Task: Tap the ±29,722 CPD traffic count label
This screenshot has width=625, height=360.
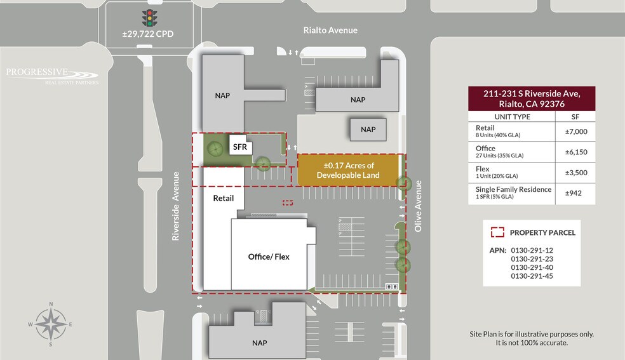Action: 148,33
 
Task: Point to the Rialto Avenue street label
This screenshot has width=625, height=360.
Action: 330,30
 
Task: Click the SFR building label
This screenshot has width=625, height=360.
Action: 239,147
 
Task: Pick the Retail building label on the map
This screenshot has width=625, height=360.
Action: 224,198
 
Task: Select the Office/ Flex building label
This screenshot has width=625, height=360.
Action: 269,257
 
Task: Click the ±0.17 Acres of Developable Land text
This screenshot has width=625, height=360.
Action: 348,171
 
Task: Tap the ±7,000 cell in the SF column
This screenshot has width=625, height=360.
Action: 575,132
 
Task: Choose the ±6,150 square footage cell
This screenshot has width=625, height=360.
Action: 575,152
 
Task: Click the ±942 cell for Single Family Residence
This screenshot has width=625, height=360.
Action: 575,193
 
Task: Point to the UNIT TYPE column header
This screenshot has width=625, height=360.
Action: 512,117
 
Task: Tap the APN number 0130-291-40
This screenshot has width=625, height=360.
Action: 532,267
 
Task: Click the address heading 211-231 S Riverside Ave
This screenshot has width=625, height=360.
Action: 532,94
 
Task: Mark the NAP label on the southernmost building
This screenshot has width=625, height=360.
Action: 259,343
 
